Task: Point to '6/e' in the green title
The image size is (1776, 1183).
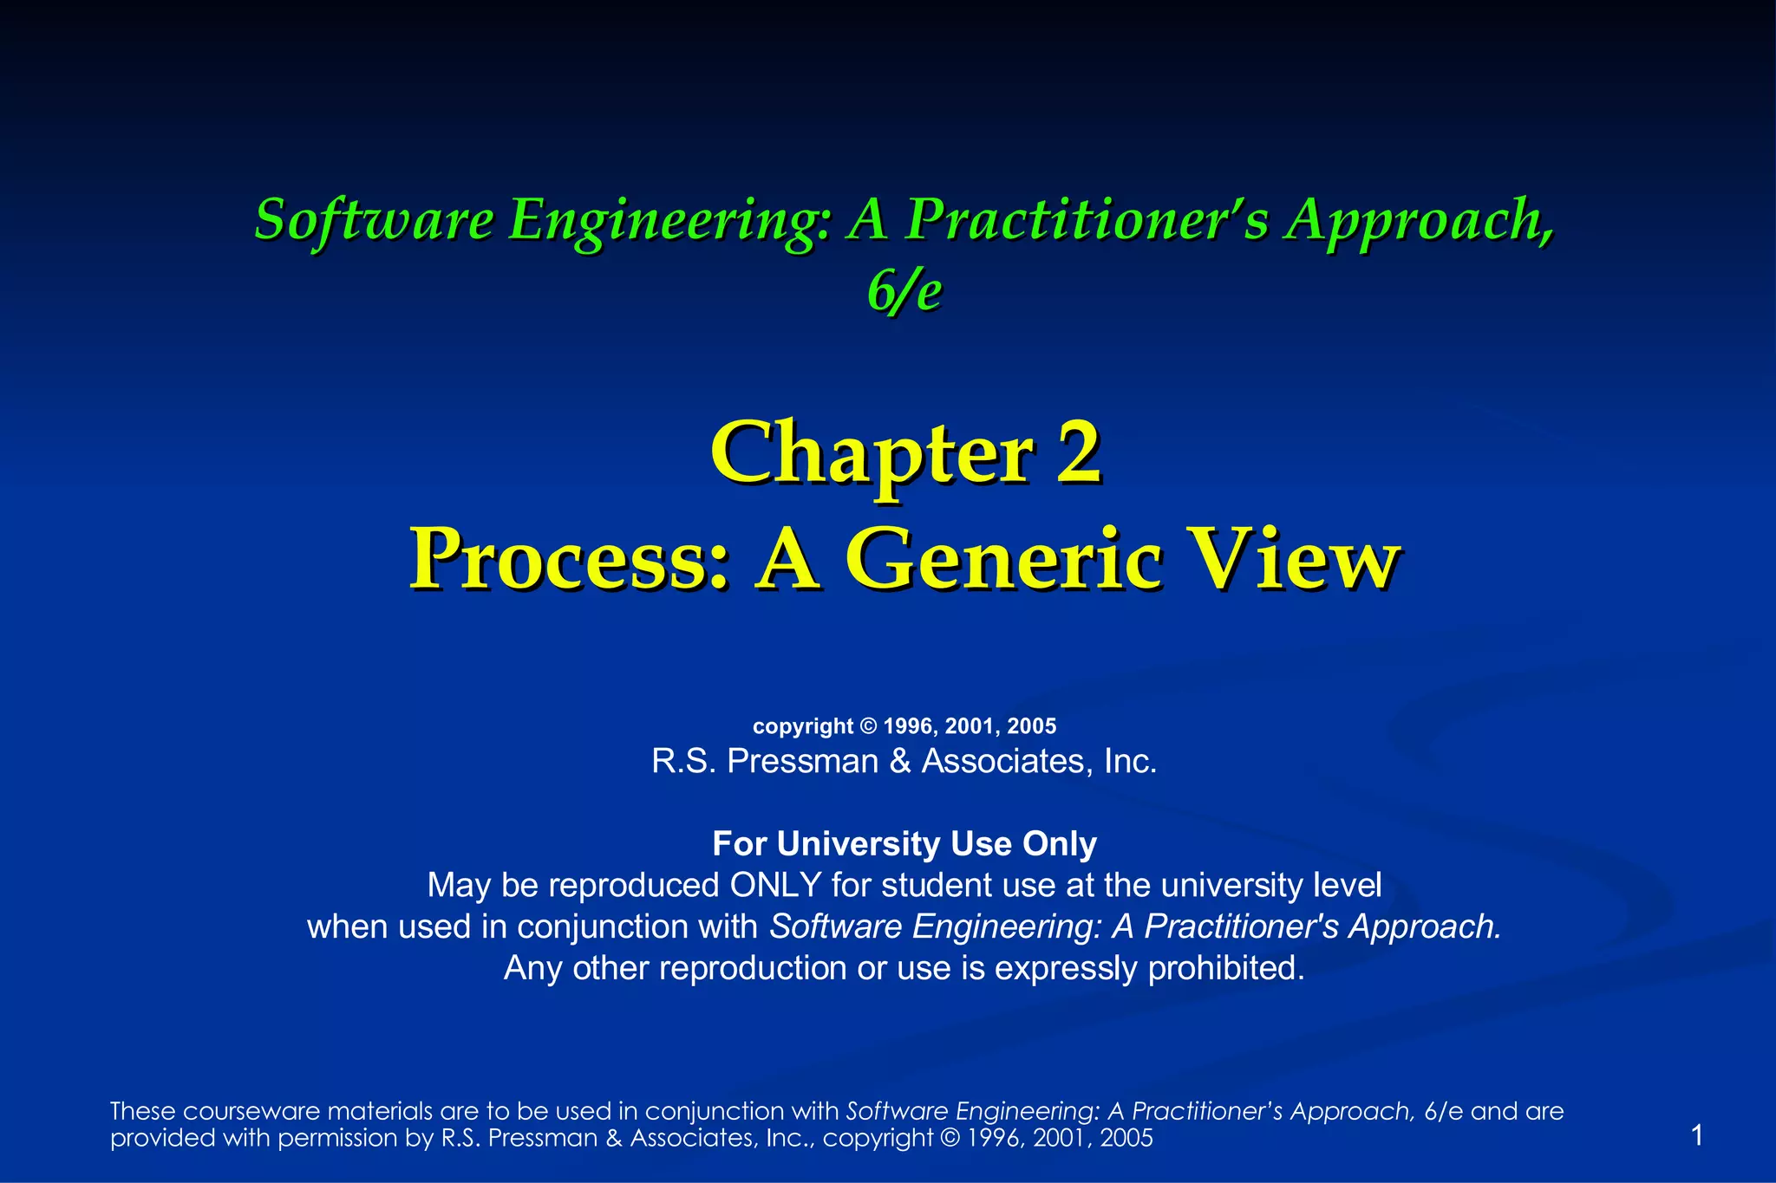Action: click(904, 292)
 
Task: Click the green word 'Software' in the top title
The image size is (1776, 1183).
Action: click(374, 219)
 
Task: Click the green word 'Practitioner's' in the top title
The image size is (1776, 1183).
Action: click(1087, 219)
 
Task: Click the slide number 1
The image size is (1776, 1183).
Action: click(1697, 1134)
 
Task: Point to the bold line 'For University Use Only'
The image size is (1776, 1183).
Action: click(904, 843)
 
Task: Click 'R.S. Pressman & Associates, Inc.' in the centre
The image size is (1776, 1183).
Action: click(904, 761)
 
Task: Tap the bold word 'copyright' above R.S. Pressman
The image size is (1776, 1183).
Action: click(802, 726)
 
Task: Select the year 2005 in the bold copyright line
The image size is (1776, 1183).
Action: click(1031, 726)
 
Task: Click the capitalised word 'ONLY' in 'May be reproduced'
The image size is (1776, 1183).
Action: click(775, 886)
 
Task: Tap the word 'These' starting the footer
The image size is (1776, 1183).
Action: click(143, 1111)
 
